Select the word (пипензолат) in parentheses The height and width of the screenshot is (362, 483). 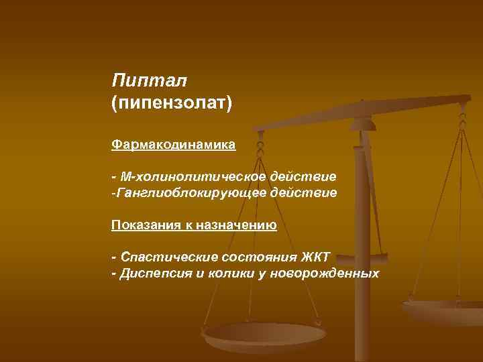pyautogui.click(x=171, y=104)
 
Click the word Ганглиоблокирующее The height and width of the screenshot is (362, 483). pyautogui.click(x=190, y=193)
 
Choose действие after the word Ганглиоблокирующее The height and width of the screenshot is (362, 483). pyautogui.click(x=303, y=193)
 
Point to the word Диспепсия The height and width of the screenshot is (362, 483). pyautogui.click(x=155, y=274)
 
